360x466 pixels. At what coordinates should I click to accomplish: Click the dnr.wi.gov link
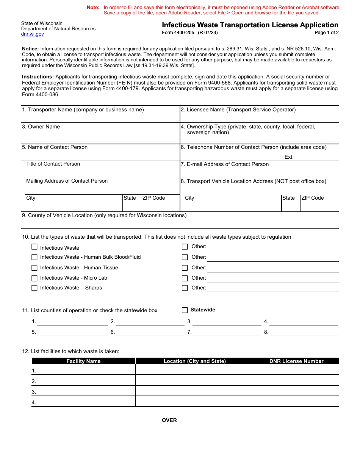(33, 34)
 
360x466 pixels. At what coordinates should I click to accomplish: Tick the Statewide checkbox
(185, 310)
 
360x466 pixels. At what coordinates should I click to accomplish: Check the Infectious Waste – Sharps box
(34, 288)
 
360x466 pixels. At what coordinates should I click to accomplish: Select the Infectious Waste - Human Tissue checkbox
(34, 268)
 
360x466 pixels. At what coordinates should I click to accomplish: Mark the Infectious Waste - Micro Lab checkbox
(34, 278)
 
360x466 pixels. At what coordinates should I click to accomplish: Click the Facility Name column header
(83, 361)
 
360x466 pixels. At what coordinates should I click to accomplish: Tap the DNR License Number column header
(296, 361)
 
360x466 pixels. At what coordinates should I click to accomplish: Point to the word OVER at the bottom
(169, 420)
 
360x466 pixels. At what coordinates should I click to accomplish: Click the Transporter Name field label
(83, 110)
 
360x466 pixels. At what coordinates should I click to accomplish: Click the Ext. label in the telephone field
(289, 157)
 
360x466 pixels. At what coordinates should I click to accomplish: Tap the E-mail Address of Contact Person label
(225, 164)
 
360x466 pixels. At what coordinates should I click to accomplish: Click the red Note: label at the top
(93, 7)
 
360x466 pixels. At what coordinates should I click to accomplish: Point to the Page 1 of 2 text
(327, 33)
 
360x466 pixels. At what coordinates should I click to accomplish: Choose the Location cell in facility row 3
(194, 391)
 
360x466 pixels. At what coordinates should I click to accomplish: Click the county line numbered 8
(303, 332)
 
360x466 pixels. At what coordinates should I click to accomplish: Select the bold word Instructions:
(38, 77)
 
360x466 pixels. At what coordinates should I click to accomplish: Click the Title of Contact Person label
(53, 164)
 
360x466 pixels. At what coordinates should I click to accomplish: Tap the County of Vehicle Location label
(104, 216)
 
